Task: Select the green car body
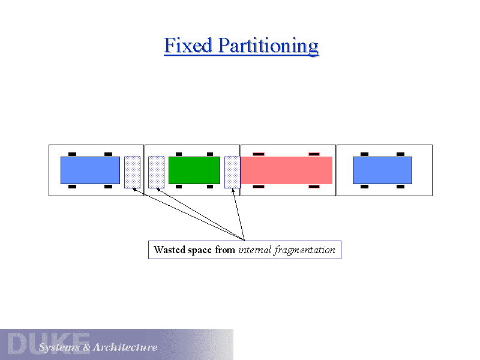(x=194, y=170)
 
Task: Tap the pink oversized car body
(x=286, y=170)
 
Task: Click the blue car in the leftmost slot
(x=90, y=170)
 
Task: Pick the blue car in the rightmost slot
(x=382, y=170)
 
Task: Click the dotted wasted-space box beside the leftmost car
(x=133, y=172)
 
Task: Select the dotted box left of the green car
(x=156, y=172)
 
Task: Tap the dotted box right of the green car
(x=232, y=172)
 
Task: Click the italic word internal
(x=254, y=250)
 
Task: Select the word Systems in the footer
(x=59, y=347)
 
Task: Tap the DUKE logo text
(x=48, y=343)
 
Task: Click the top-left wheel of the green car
(x=178, y=154)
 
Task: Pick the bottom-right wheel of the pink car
(x=314, y=187)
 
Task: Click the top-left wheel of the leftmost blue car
(x=72, y=154)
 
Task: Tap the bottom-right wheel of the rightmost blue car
(x=400, y=187)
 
